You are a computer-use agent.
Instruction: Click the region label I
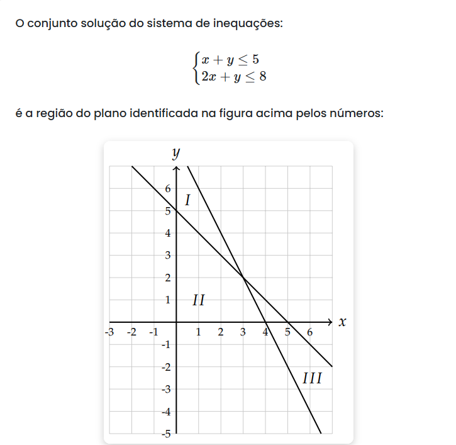[x=187, y=201]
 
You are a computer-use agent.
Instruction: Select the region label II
[x=199, y=300]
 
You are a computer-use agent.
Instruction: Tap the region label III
[x=312, y=379]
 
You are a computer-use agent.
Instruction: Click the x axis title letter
[x=342, y=322]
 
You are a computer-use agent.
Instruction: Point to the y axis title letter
[x=176, y=152]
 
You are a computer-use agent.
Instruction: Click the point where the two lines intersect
[x=243, y=278]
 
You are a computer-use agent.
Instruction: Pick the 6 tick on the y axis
[x=167, y=188]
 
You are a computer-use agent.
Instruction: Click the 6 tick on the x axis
[x=310, y=332]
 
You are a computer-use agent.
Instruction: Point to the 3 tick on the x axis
[x=243, y=332]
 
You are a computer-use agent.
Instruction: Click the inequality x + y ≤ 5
[x=230, y=60]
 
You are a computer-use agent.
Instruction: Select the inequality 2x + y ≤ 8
[x=230, y=77]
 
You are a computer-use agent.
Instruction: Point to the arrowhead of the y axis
[x=176, y=169]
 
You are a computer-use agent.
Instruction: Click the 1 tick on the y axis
[x=167, y=300]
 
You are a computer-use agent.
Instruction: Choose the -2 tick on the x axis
[x=131, y=332]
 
